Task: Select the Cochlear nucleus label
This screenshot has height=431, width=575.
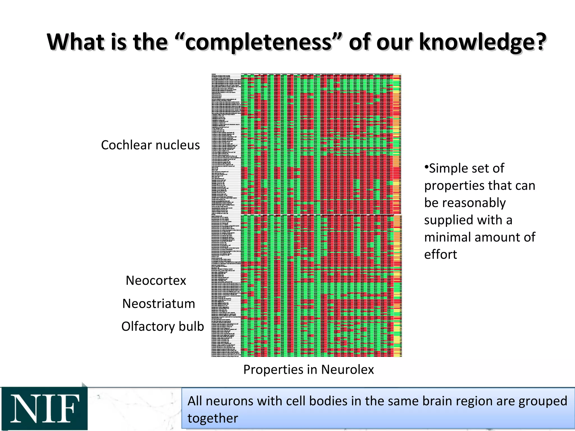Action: click(150, 145)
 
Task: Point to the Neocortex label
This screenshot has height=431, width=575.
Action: click(156, 281)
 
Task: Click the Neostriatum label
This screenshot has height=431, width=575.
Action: click(159, 304)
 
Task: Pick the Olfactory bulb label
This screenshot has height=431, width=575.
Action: click(162, 327)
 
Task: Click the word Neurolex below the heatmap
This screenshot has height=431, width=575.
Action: click(347, 370)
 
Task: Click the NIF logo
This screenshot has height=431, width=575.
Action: click(44, 409)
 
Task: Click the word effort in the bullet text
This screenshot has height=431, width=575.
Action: click(441, 255)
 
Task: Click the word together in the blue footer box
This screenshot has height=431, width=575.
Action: click(213, 418)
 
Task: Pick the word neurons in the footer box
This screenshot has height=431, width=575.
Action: click(230, 401)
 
